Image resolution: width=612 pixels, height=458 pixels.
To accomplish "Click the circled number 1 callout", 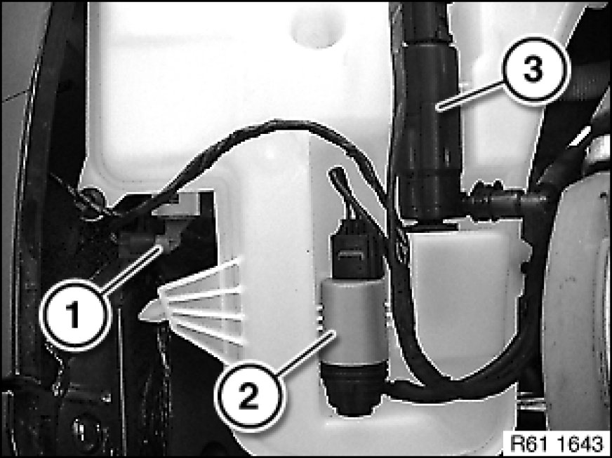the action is tap(74, 314).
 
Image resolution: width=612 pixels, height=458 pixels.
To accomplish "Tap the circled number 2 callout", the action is tap(249, 396).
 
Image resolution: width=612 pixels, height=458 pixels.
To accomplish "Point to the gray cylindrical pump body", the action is tap(353, 321).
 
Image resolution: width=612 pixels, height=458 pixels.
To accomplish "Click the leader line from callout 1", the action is tap(131, 269).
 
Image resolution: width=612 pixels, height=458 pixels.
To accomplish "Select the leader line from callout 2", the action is tap(305, 353).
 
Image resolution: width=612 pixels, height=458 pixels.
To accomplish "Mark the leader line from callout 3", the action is tap(471, 95).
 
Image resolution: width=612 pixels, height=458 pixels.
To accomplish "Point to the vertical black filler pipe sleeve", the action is tap(427, 129).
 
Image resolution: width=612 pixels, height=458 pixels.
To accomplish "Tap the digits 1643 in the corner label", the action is tap(580, 443).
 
